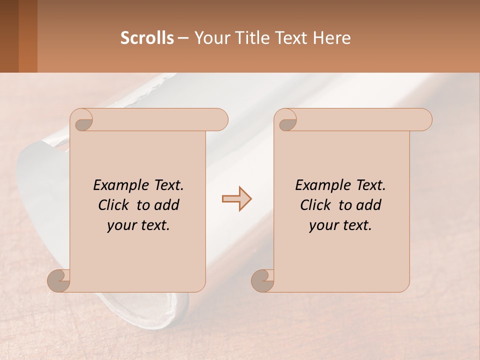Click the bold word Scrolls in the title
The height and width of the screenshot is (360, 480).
tap(147, 38)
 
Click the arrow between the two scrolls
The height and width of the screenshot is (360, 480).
tap(236, 199)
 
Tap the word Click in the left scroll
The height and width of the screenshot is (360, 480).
tap(113, 205)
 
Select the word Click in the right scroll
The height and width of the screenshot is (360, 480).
tap(315, 205)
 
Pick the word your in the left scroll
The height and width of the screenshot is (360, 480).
tap(120, 225)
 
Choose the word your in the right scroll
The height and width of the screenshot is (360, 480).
tap(322, 225)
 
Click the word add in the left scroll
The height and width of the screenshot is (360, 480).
tap(167, 205)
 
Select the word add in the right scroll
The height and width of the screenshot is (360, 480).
tap(369, 205)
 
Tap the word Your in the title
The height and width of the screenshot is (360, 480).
tap(210, 38)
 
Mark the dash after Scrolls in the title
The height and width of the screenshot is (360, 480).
tap(183, 38)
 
